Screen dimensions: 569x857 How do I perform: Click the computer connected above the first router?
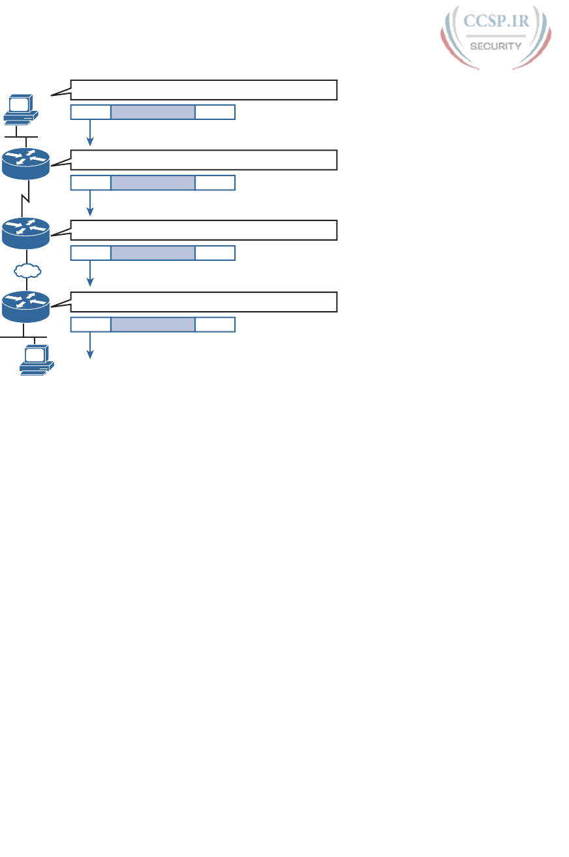point(19,109)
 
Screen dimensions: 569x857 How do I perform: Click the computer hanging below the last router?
point(37,359)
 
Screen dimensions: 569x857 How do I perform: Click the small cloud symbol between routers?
point(27,269)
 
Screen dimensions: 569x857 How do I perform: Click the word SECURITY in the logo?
point(496,46)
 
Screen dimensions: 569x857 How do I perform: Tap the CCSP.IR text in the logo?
point(496,22)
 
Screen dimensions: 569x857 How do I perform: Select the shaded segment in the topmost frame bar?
point(153,112)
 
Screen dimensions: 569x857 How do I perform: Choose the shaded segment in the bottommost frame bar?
point(153,324)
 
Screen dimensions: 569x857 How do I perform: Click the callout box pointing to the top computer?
point(204,89)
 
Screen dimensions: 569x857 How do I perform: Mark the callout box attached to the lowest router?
point(204,303)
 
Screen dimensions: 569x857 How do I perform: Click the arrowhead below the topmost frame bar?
point(91,142)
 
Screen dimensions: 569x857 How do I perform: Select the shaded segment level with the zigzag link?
point(153,183)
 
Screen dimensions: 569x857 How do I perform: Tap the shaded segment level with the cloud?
point(153,254)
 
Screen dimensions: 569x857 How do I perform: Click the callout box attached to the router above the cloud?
point(204,230)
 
